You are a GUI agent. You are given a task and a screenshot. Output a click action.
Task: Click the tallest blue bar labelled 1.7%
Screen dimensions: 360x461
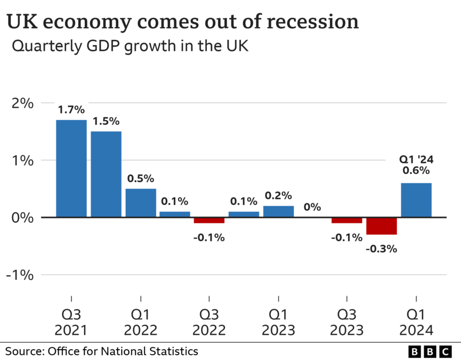[x=71, y=168]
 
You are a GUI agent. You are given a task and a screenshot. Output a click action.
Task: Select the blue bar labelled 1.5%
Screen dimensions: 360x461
[x=106, y=174]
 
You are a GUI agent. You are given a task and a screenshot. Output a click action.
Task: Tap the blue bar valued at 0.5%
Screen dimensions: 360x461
[x=141, y=203]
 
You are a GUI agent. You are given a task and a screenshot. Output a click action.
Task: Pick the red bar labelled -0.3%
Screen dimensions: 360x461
[x=381, y=226]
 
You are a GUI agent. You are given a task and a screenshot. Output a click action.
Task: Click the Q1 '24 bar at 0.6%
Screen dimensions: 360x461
[x=416, y=200]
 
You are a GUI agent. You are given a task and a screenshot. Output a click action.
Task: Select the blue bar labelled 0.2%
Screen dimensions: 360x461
[x=278, y=211]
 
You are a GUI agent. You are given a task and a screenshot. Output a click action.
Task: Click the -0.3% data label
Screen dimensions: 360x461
[x=381, y=249]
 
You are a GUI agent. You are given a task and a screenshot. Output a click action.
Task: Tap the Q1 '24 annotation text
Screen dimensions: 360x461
[x=416, y=160]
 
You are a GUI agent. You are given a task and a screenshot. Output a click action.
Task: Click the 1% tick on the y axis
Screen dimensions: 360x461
[x=23, y=160]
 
